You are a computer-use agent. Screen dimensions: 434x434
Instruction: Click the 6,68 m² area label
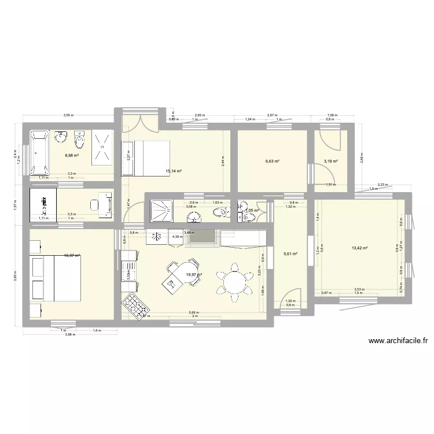[x=72, y=155]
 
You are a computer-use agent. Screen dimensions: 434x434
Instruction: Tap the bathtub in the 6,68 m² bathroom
[x=40, y=153]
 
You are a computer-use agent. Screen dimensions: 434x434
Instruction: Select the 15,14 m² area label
[x=174, y=171]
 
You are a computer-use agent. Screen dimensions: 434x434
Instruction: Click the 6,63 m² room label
[x=273, y=161]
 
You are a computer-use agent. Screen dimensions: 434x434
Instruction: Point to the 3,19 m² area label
[x=330, y=161]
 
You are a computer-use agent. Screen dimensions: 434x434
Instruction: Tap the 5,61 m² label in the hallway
[x=290, y=253]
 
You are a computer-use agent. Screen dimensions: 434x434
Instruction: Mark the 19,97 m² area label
[x=193, y=275]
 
